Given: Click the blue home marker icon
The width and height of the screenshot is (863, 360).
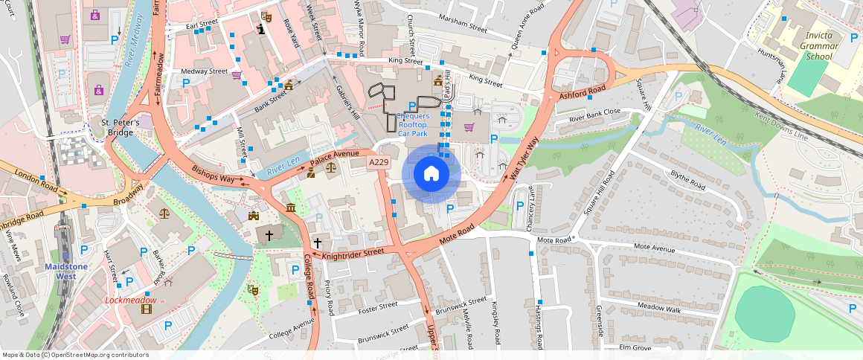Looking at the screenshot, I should [x=431, y=174].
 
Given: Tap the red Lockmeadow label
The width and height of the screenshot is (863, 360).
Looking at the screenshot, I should [x=131, y=300].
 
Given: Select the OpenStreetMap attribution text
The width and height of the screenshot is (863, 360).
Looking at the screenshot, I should [x=76, y=355].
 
